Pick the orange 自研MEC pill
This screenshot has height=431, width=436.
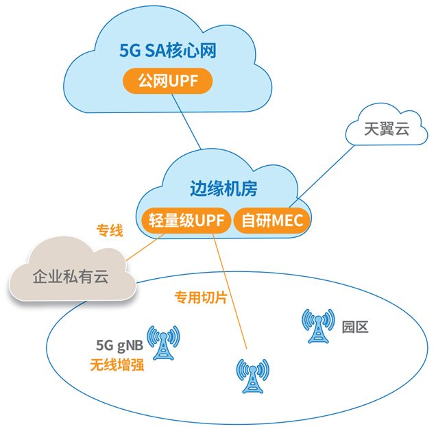[x=272, y=221]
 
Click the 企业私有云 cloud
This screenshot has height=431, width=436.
[x=71, y=277]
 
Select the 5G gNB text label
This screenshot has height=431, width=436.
[x=119, y=345]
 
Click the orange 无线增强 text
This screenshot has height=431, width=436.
[x=117, y=364]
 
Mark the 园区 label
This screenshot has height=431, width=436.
[x=355, y=327]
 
